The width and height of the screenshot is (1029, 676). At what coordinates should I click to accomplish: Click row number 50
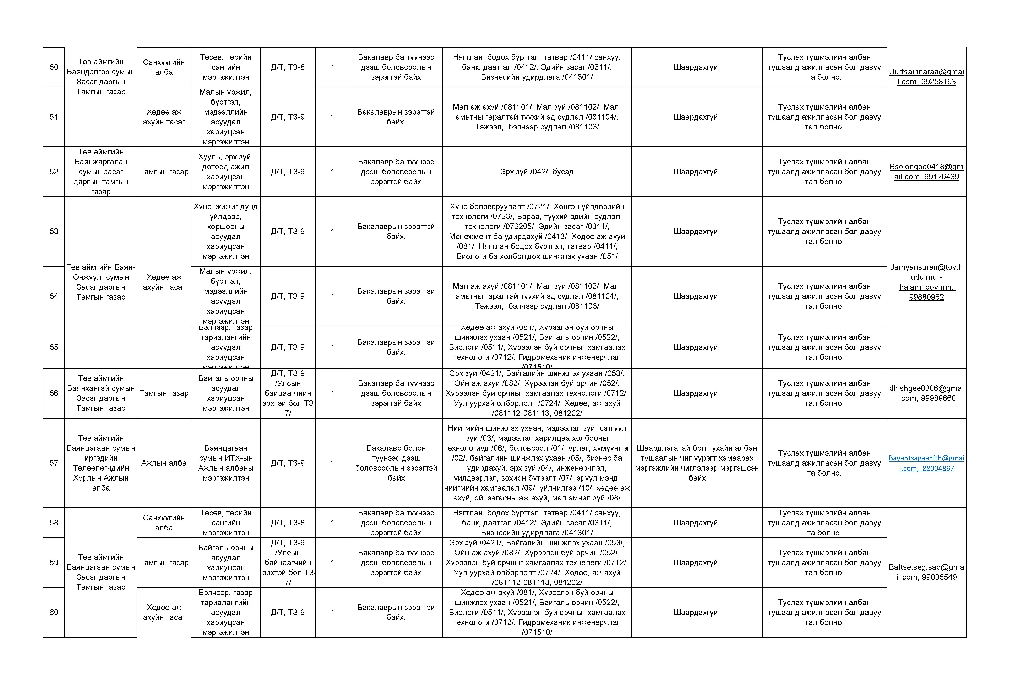click(54, 67)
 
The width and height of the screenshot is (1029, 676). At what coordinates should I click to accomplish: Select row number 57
click(54, 463)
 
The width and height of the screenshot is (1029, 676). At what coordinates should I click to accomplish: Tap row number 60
click(54, 612)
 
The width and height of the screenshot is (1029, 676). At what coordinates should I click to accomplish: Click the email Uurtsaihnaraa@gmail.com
click(926, 76)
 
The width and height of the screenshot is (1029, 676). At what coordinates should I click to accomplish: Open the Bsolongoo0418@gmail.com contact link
click(926, 171)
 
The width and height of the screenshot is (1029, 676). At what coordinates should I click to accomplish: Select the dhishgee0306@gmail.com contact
click(926, 393)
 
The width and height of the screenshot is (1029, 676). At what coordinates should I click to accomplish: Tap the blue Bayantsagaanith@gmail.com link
click(926, 463)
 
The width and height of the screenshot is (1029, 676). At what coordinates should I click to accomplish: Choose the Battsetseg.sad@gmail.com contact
click(926, 572)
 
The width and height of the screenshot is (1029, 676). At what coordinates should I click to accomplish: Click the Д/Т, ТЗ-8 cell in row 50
click(288, 67)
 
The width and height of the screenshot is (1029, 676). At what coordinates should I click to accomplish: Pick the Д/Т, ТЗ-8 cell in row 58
click(288, 523)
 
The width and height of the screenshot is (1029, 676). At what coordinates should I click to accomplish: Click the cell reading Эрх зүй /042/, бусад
click(537, 171)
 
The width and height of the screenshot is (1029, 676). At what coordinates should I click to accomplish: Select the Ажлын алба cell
click(164, 463)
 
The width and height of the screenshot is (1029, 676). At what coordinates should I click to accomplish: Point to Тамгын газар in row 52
click(164, 171)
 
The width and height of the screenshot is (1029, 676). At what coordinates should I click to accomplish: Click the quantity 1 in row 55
click(332, 347)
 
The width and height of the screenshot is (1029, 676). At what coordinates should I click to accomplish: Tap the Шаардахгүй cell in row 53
click(697, 231)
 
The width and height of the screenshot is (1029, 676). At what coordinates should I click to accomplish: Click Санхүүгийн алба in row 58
click(164, 523)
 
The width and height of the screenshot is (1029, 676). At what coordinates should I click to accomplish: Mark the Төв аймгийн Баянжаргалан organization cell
click(101, 171)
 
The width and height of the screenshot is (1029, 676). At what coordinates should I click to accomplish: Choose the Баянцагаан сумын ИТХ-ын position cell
click(226, 463)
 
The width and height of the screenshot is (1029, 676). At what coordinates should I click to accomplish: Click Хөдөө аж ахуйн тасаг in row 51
click(164, 117)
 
